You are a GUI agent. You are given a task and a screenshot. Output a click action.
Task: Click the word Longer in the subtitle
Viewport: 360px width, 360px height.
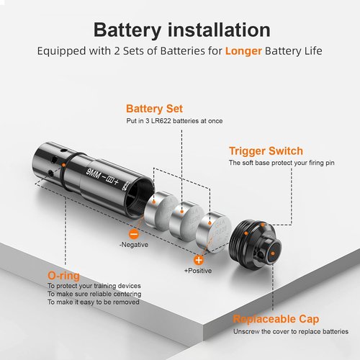point(243,51)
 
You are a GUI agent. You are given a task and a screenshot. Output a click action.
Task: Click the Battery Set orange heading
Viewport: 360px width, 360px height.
point(154,109)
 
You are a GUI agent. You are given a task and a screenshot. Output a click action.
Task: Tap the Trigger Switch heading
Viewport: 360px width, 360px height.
point(266,151)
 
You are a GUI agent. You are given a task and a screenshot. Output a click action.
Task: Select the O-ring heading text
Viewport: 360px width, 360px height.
point(63,276)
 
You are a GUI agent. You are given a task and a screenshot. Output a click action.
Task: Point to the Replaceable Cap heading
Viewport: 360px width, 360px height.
point(276,319)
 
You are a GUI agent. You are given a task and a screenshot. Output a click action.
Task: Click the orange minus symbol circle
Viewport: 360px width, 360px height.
point(134,234)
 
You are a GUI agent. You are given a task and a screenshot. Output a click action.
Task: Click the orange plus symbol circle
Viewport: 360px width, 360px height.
point(199,260)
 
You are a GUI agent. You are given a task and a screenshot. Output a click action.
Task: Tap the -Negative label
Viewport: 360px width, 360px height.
point(134,245)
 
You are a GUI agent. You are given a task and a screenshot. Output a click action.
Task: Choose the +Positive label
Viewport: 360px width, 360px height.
point(198,271)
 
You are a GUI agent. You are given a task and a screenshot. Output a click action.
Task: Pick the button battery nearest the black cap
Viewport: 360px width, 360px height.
point(213,232)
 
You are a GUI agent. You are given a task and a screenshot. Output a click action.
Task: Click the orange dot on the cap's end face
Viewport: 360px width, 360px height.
point(272,253)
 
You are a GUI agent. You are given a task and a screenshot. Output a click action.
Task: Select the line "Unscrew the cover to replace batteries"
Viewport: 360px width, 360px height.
point(291,332)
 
